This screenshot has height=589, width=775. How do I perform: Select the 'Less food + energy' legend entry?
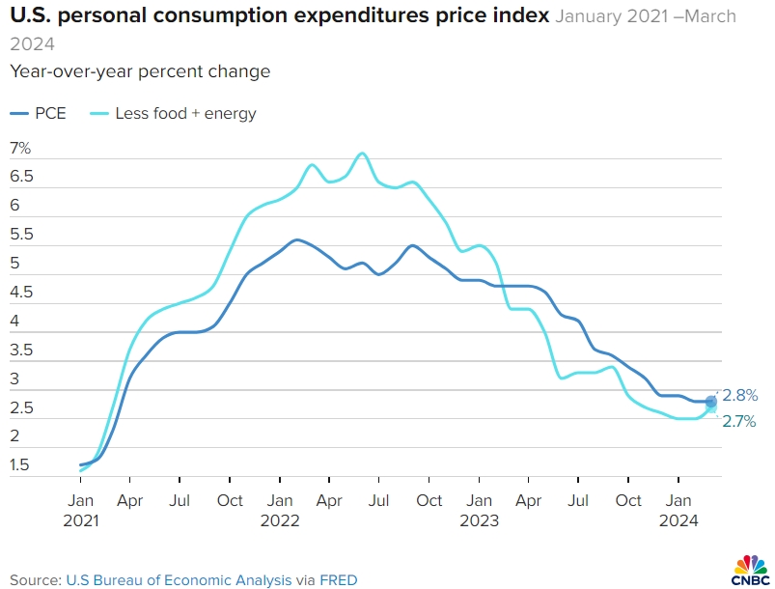173,113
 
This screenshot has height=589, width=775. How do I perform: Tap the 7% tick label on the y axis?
20,148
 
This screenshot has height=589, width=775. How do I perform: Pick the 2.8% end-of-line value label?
740,395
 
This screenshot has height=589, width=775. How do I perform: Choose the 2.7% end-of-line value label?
740,421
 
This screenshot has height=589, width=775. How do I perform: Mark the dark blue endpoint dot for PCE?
711,402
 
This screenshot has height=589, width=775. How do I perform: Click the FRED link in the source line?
339,580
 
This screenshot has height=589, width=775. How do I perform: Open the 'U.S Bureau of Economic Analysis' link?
178,580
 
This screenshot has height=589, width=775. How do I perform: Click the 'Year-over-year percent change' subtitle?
140,71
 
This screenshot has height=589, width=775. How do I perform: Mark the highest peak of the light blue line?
362,153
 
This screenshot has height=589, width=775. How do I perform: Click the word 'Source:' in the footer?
35,580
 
